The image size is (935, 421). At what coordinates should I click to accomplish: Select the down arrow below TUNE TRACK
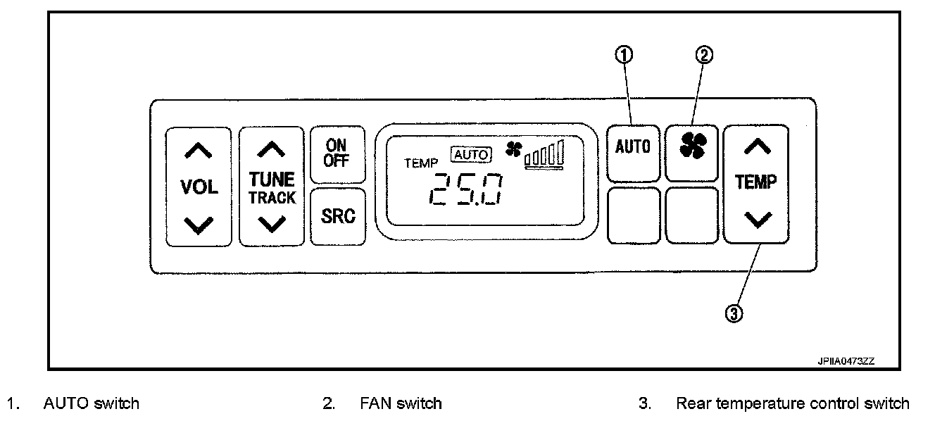coord(272,224)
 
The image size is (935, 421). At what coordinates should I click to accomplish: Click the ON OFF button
coord(337,153)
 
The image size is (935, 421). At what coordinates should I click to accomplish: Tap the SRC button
coord(338,216)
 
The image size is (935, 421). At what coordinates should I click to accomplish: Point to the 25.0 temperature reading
coord(465,188)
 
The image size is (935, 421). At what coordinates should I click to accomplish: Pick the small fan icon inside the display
coord(513,149)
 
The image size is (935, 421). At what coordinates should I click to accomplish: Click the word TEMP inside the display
coord(421,163)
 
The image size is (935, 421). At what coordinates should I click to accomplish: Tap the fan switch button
coord(692,145)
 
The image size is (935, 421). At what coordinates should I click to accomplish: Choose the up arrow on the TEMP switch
coord(756,146)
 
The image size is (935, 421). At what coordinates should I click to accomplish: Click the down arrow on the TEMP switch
coord(756,220)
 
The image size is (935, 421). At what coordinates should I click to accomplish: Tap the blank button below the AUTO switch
coord(634,215)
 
